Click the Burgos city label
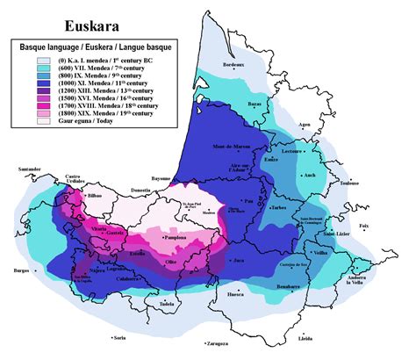tap(19, 262)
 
